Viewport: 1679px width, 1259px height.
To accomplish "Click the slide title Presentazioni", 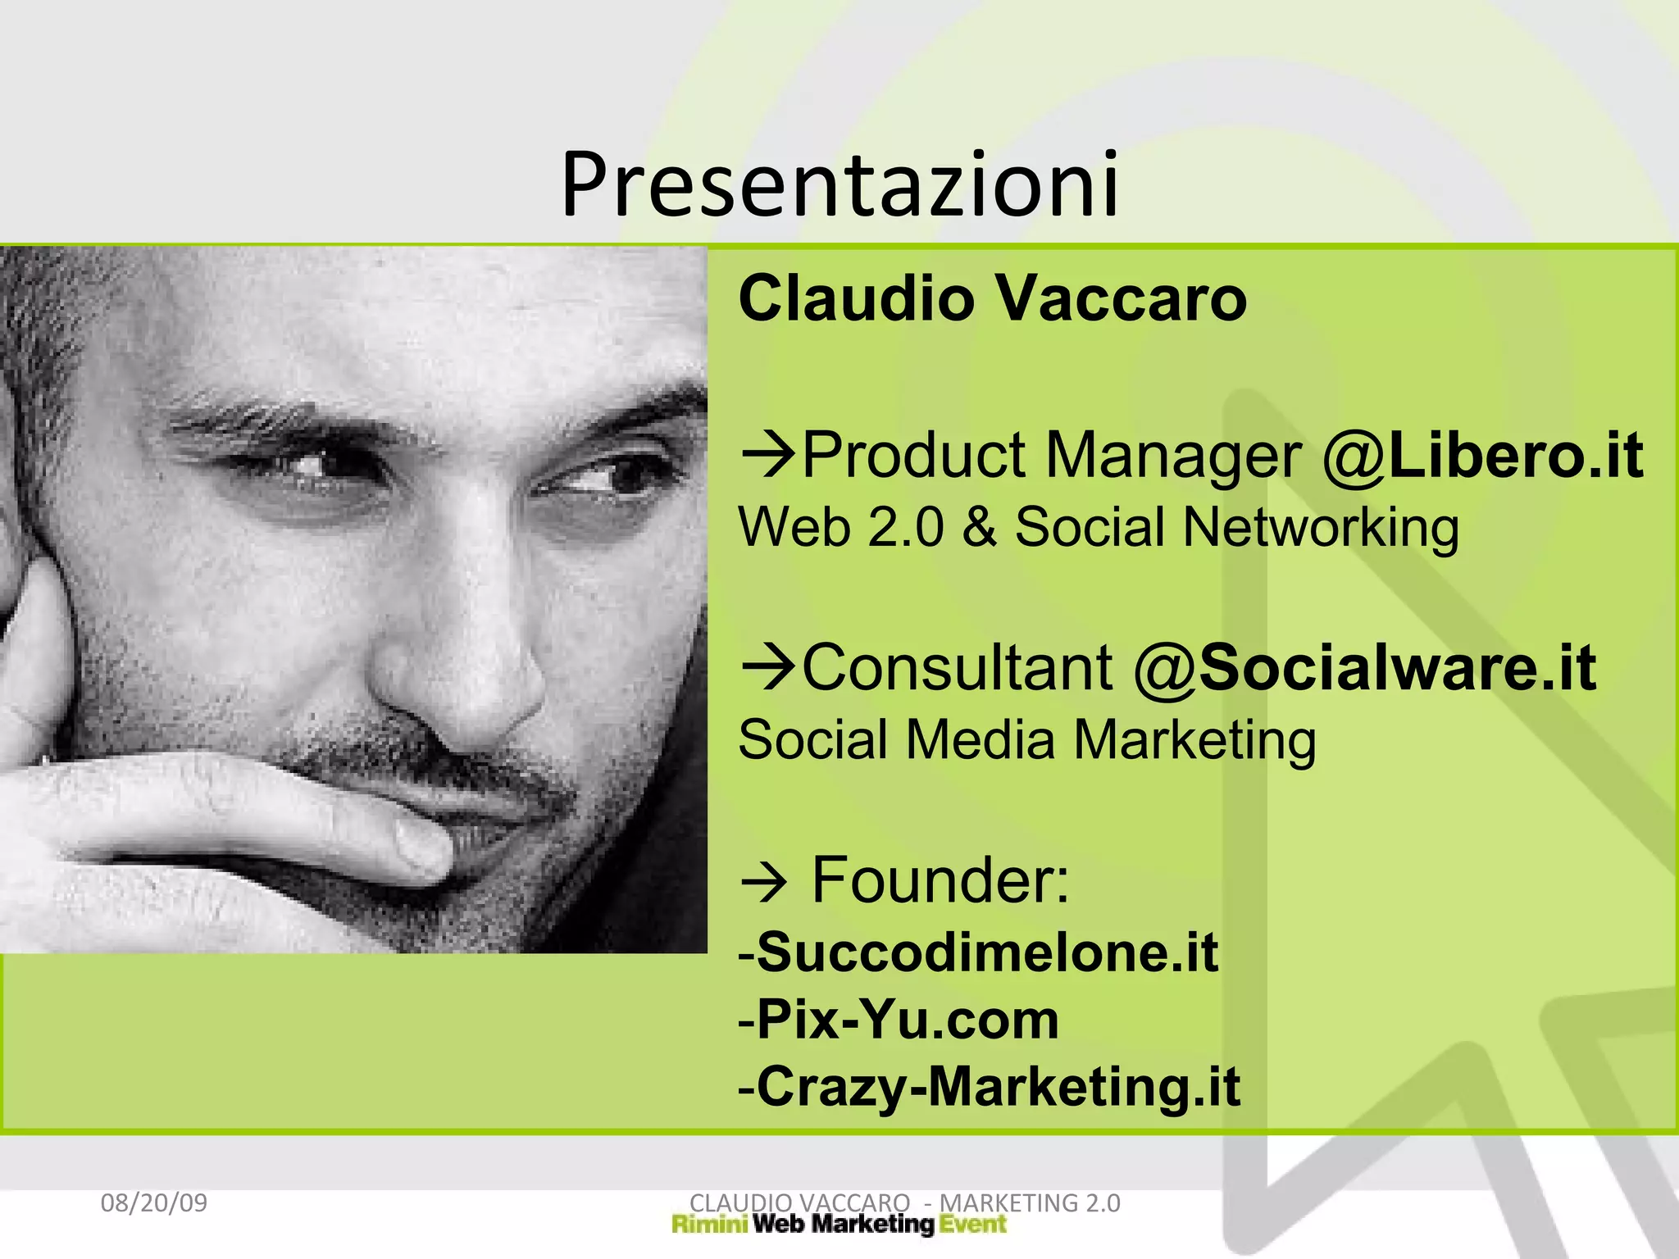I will tap(839, 185).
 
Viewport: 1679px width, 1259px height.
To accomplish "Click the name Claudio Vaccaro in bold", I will tap(992, 298).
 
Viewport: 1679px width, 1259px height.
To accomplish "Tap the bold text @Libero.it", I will tap(1482, 456).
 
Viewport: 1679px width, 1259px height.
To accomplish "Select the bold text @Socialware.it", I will tap(1365, 668).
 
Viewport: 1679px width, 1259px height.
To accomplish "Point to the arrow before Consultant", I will tap(767, 667).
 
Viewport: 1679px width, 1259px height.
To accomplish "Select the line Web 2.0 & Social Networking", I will tap(1099, 527).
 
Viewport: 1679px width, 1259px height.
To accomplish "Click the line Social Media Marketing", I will tap(1026, 740).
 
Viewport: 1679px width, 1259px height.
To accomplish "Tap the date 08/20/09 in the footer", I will tap(153, 1203).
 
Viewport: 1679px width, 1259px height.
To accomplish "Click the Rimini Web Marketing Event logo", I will tap(838, 1225).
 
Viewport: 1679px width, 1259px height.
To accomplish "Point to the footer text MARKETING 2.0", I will tap(1030, 1203).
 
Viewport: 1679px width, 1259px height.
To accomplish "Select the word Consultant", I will tap(957, 668).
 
